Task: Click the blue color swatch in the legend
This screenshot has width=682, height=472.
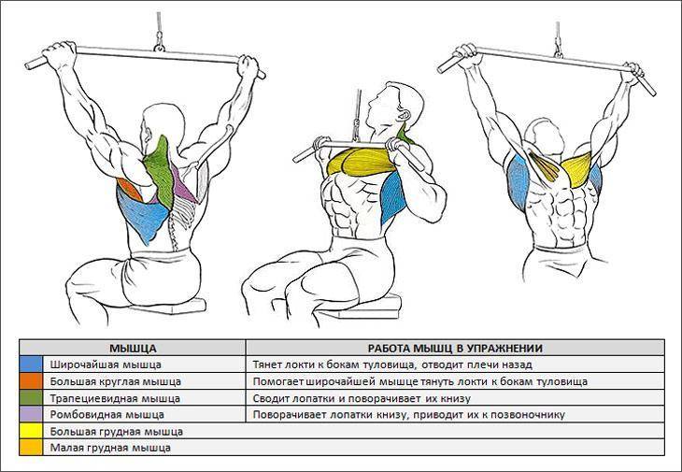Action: [x=31, y=365]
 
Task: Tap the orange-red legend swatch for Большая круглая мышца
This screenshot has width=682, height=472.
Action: [x=31, y=381]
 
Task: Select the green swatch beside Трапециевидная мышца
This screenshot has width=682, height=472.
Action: [x=31, y=398]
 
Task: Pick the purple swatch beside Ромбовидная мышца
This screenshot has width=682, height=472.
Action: [x=31, y=415]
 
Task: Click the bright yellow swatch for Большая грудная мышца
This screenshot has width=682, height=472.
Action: [x=31, y=431]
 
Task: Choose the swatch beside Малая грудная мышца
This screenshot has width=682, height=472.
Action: [x=31, y=447]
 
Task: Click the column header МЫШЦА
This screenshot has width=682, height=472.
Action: [x=133, y=348]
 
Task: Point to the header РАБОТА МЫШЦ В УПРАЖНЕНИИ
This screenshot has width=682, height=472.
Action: [x=455, y=348]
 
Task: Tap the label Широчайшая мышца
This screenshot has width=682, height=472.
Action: [x=106, y=365]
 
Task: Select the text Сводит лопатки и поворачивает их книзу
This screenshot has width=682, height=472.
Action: [x=362, y=398]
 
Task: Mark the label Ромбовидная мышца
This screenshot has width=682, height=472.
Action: [x=107, y=415]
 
